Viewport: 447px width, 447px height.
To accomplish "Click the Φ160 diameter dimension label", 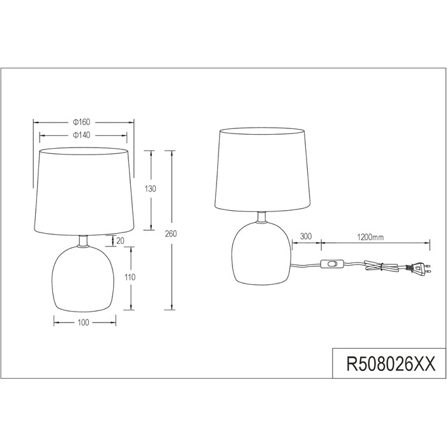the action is coord(82,122).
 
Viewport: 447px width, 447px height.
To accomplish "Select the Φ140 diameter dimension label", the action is coord(82,135).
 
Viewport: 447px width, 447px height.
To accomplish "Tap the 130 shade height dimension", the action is coord(150,189).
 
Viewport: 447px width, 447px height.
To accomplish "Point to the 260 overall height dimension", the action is coord(170,234).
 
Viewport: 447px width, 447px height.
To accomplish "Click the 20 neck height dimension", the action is coord(121,241).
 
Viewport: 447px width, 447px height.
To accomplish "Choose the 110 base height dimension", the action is coord(130,277).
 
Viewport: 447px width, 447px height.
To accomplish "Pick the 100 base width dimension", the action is coord(83,322).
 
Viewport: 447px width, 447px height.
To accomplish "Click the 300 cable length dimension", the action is coord(306,236).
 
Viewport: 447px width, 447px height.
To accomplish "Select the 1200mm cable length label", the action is coord(370,237).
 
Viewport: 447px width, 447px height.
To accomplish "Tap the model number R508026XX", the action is coord(391,364).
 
